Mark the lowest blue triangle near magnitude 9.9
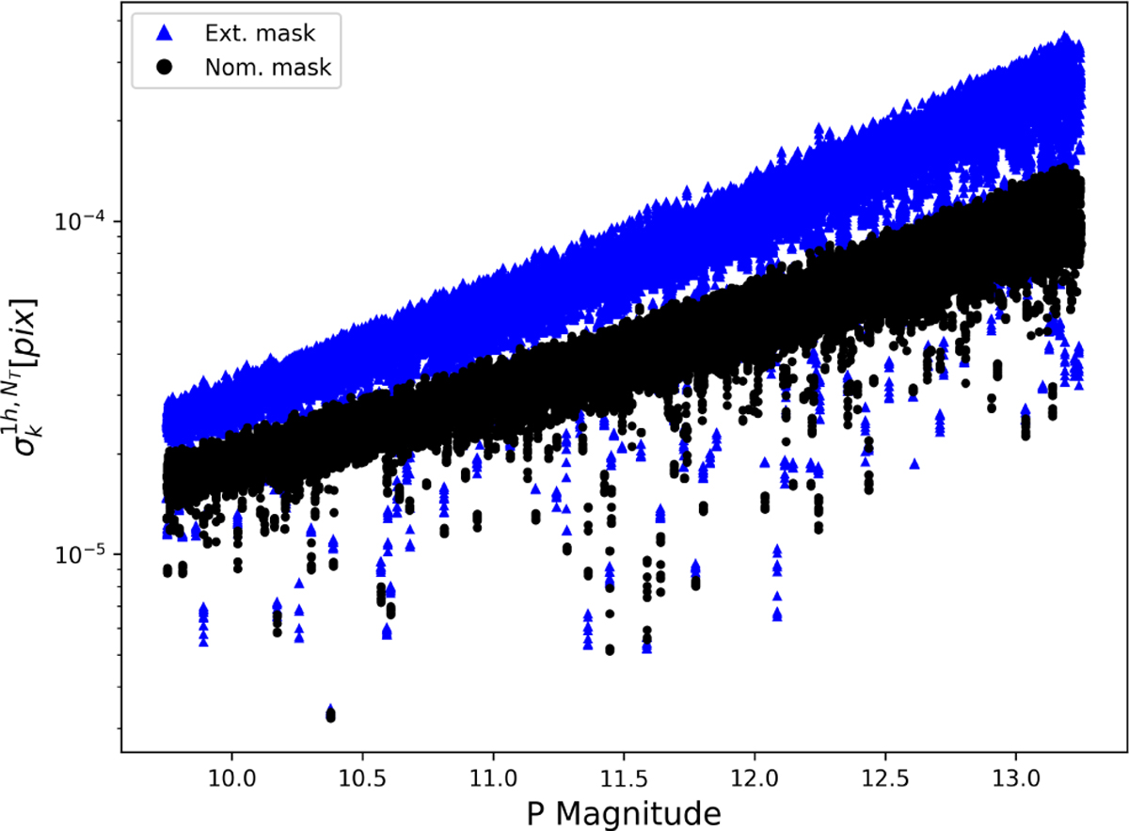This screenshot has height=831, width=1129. coord(203,641)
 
